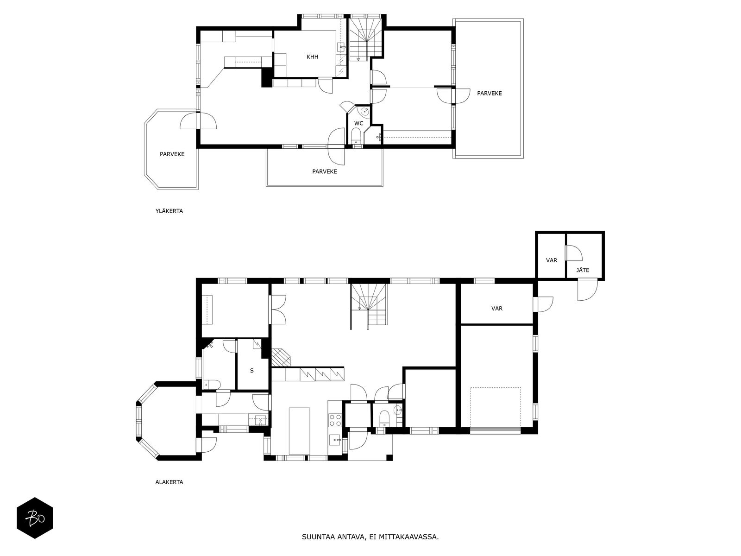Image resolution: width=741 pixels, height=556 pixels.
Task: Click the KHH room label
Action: [x=312, y=57]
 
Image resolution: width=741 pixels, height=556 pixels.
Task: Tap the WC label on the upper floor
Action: [x=358, y=124]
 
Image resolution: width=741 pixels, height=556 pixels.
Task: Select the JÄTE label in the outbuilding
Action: [x=583, y=270]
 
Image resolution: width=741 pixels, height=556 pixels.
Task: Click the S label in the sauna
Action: [x=252, y=371]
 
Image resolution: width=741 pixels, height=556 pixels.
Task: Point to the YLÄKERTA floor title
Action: [x=169, y=211]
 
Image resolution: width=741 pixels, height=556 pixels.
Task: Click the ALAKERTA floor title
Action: [x=169, y=482]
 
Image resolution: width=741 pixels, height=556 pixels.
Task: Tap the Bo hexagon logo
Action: [x=35, y=518]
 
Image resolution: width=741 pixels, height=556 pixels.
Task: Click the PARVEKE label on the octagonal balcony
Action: [x=172, y=154]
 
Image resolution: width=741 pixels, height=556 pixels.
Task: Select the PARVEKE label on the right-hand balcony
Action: [x=490, y=94]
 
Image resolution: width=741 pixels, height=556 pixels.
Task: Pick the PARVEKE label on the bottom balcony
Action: [x=325, y=171]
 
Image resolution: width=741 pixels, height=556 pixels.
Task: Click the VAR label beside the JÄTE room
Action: [x=552, y=260]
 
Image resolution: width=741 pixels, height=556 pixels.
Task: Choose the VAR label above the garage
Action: [x=497, y=309]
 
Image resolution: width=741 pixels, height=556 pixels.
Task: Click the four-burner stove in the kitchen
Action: [x=335, y=421]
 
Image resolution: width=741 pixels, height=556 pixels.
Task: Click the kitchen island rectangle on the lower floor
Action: [x=300, y=431]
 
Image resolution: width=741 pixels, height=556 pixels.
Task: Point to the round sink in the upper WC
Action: [x=364, y=111]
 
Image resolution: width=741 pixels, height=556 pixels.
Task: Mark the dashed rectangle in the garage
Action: [x=495, y=407]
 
